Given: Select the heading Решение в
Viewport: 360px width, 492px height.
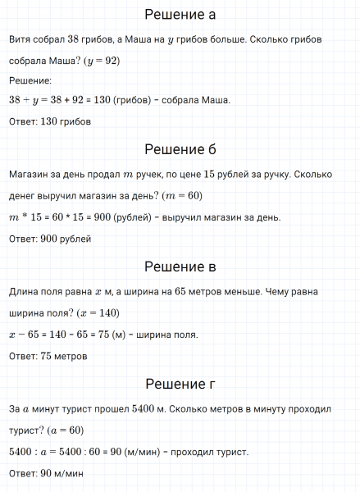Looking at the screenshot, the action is click(180, 266).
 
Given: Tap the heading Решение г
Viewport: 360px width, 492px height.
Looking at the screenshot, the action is click(180, 384).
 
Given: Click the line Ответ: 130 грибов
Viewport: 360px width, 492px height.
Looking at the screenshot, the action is click(49, 121).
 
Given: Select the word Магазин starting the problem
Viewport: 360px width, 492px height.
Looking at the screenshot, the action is click(30, 174).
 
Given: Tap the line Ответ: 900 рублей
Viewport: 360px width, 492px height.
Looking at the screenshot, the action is click(49, 239).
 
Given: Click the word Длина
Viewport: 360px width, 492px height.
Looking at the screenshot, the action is click(24, 292).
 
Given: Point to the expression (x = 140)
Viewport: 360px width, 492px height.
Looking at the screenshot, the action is click(98, 313).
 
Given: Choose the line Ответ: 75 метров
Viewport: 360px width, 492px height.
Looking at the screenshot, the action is click(48, 357).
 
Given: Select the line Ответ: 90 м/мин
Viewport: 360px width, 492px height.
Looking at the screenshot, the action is click(46, 474).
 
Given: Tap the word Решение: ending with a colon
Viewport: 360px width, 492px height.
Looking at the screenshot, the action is click(30, 80).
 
